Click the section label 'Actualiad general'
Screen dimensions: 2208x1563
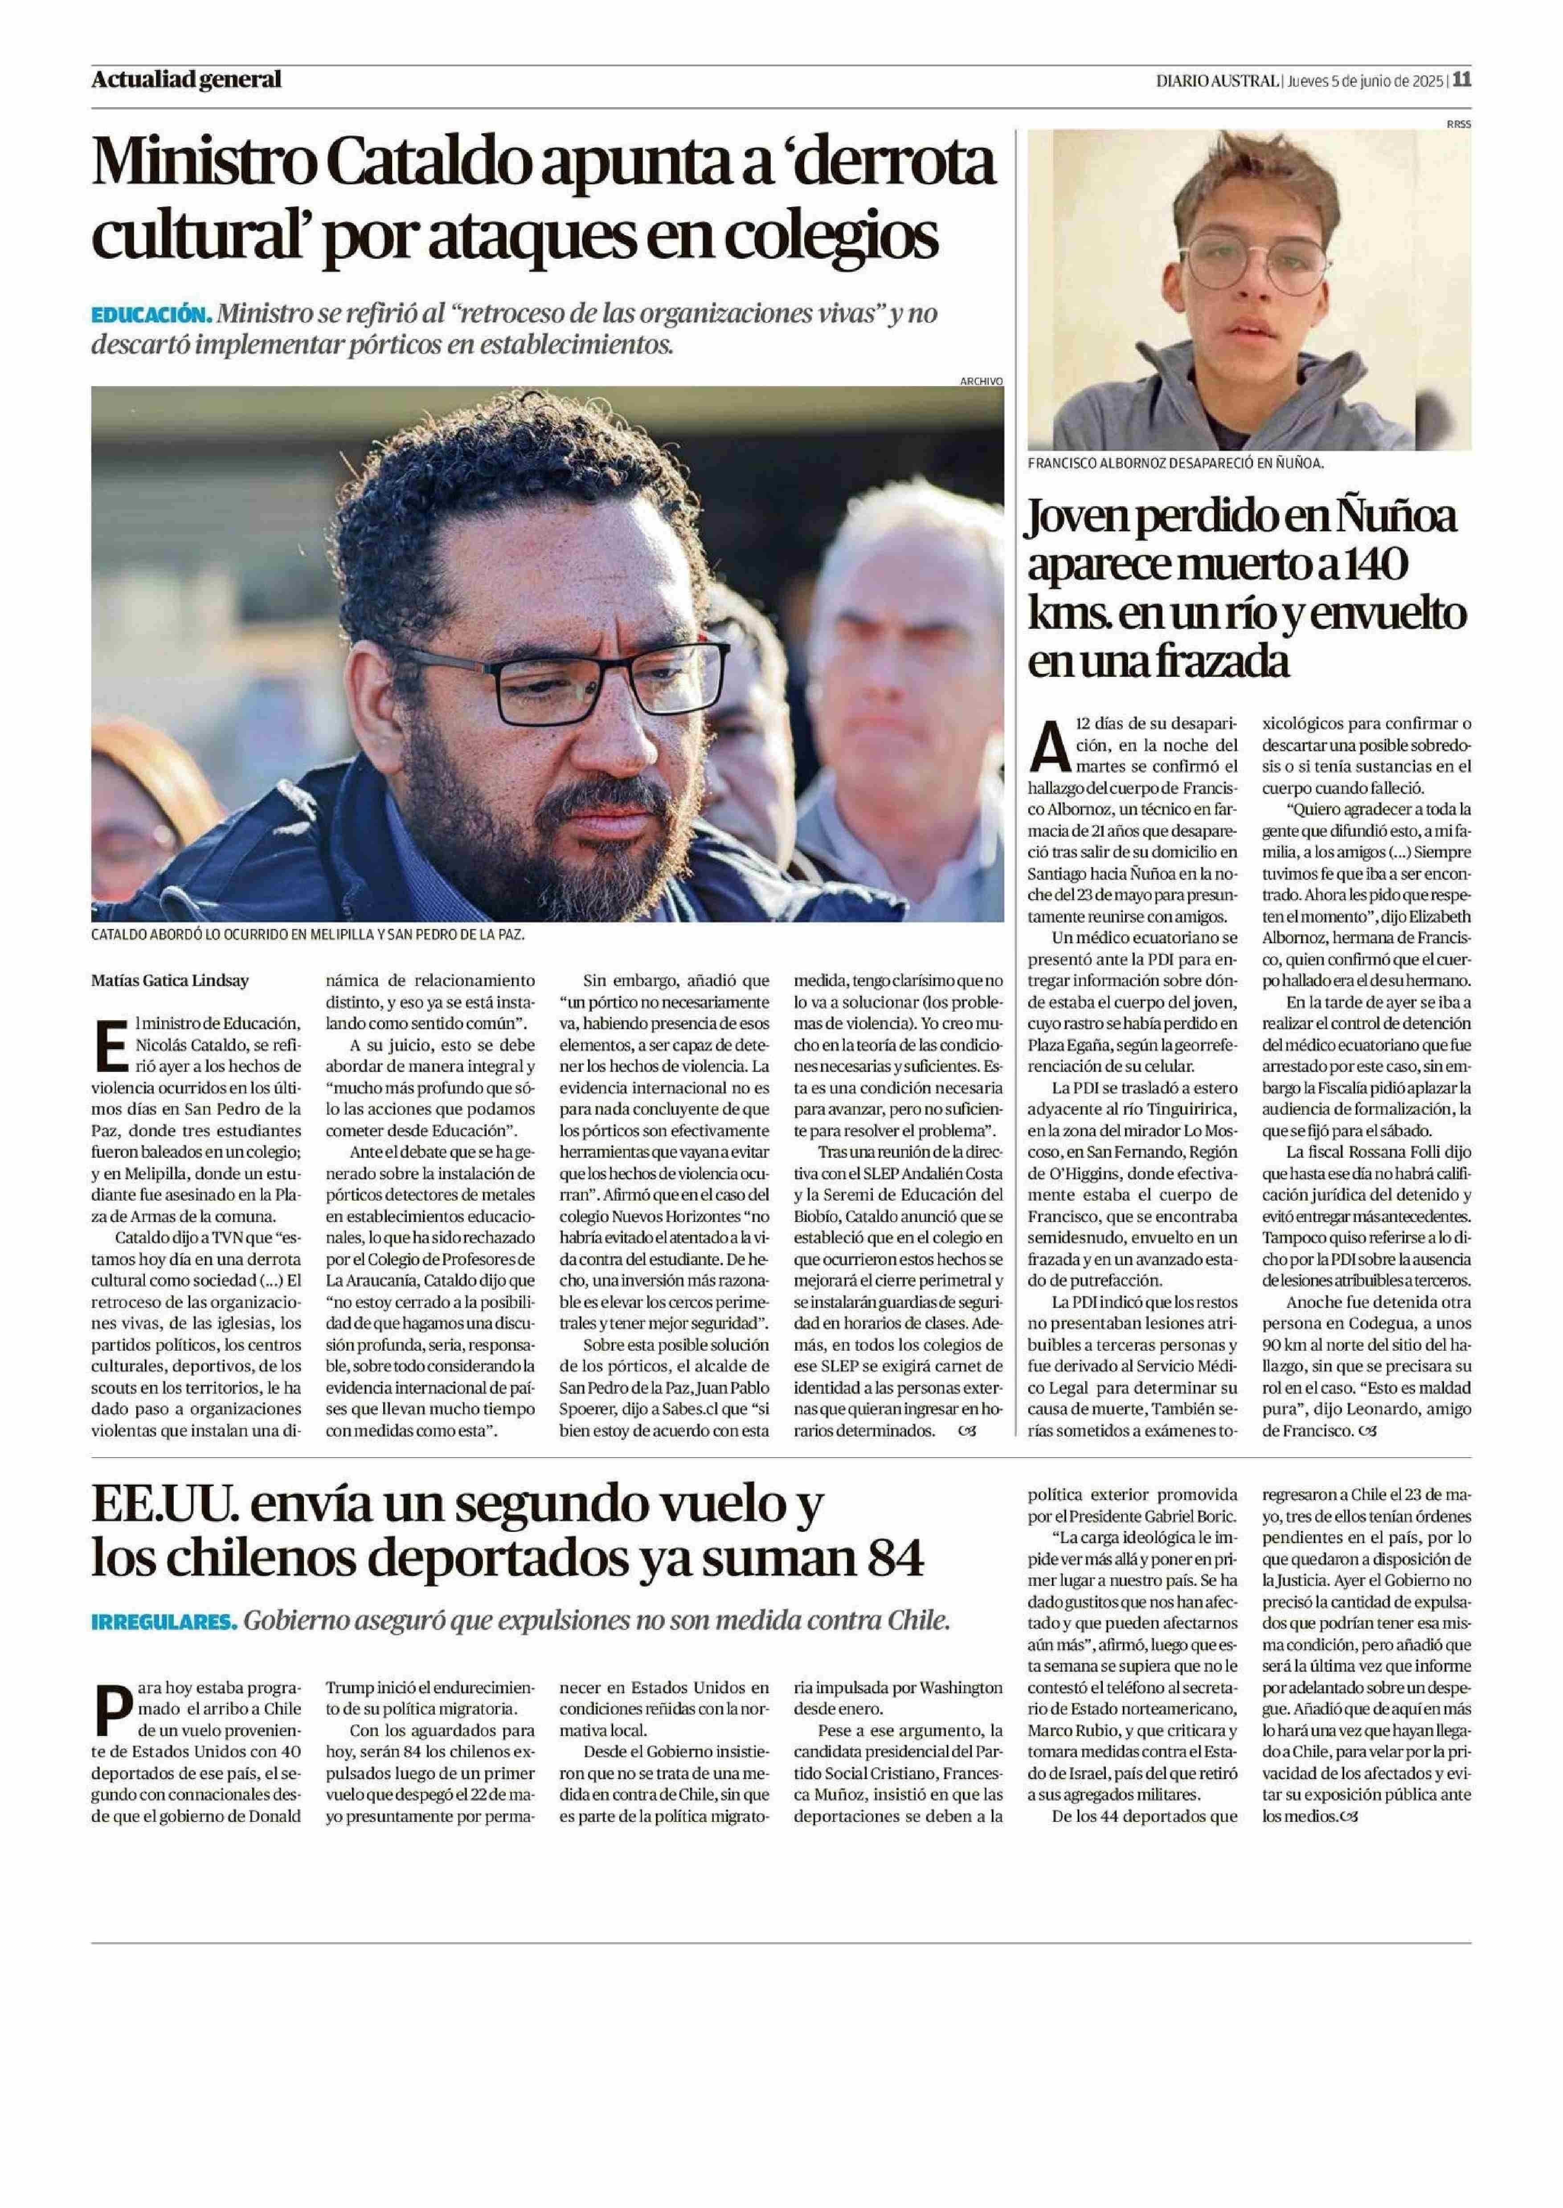point(186,80)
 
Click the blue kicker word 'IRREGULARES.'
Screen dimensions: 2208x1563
point(164,1621)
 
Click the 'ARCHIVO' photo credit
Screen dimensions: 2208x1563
point(981,381)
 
